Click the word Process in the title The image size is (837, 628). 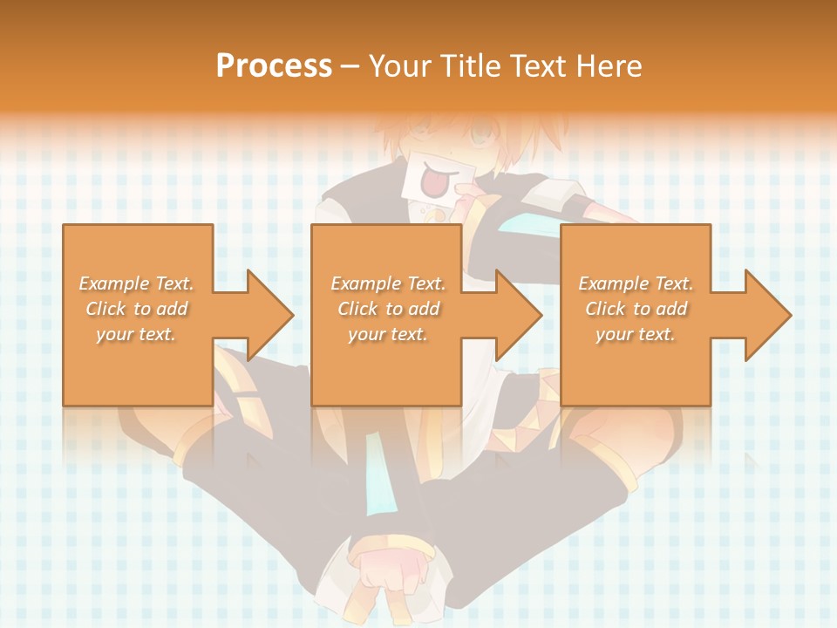[x=274, y=66]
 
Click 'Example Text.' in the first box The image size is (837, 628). [x=136, y=283]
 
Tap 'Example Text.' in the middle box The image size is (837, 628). [x=388, y=283]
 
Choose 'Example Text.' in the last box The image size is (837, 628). [x=636, y=283]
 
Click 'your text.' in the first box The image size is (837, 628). [x=136, y=334]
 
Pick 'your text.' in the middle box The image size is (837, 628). [x=388, y=334]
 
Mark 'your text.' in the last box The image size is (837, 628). [x=636, y=334]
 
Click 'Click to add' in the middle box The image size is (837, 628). [x=388, y=309]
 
